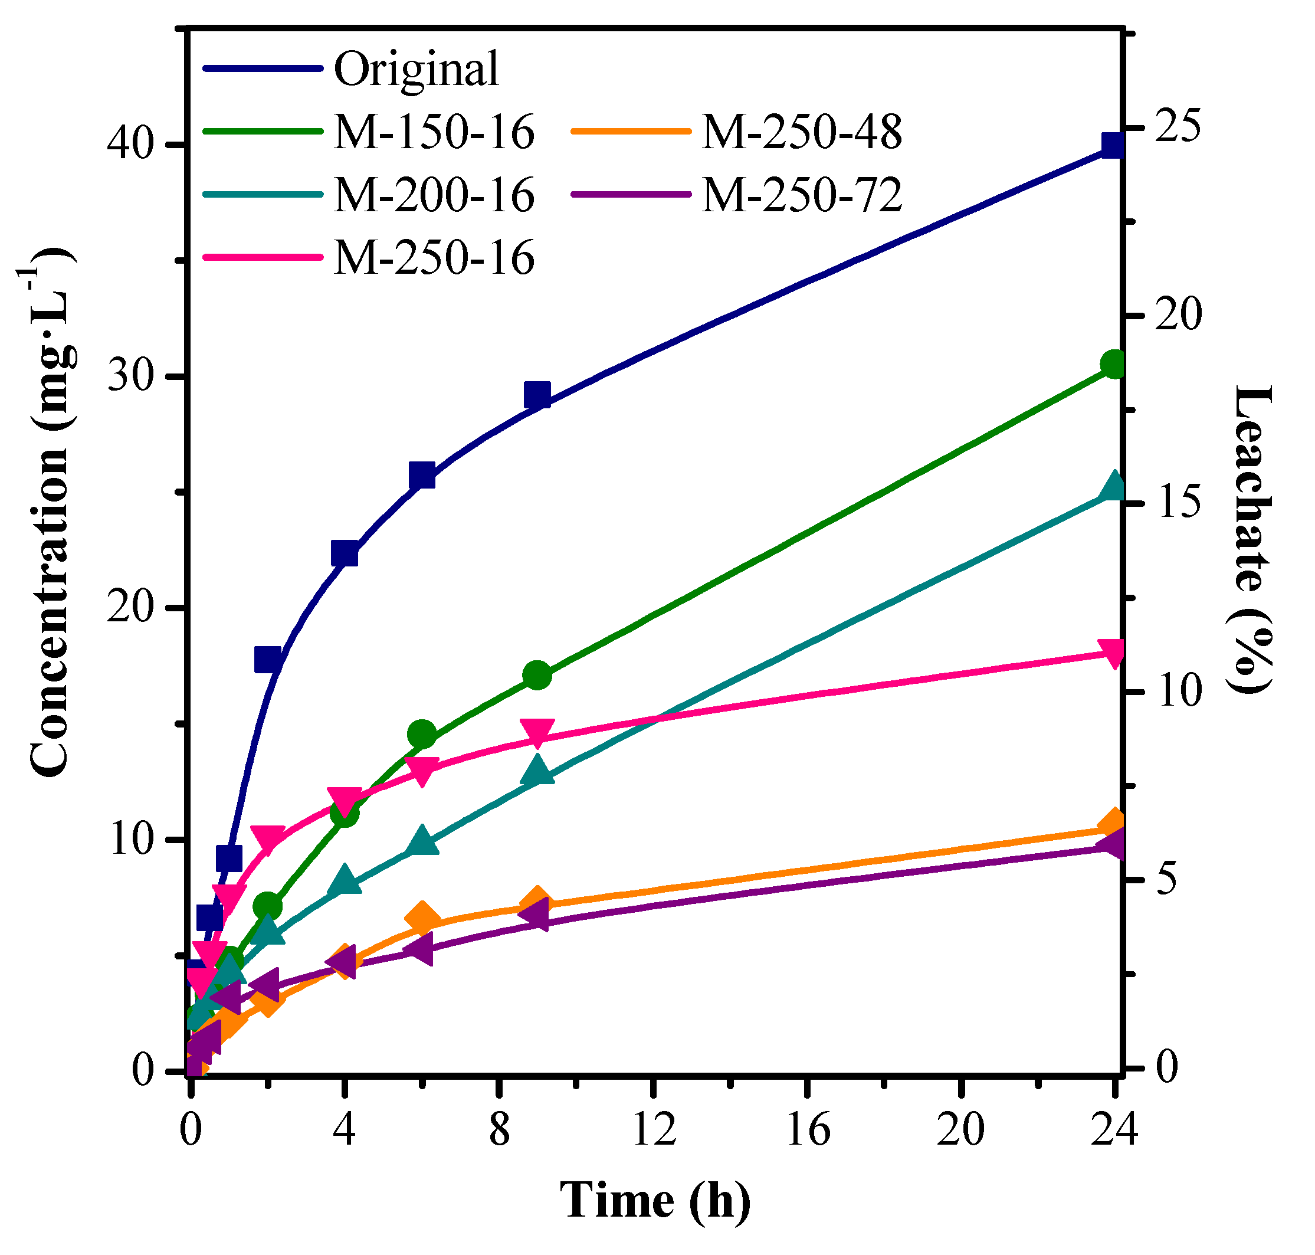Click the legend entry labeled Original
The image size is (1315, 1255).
[x=416, y=69]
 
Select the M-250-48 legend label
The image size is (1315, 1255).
[x=802, y=131]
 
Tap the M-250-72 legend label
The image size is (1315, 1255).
[x=802, y=195]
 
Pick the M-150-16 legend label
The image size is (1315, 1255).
[x=434, y=131]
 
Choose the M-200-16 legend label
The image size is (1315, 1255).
[x=434, y=195]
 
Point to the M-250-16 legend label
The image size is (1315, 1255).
[x=434, y=258]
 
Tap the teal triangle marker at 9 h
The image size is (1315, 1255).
[x=537, y=771]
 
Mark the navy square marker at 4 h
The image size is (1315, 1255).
[x=345, y=554]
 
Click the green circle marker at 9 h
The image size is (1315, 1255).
[x=537, y=676]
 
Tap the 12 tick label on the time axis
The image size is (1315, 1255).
[x=654, y=1131]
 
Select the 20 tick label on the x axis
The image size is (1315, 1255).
[x=960, y=1131]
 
